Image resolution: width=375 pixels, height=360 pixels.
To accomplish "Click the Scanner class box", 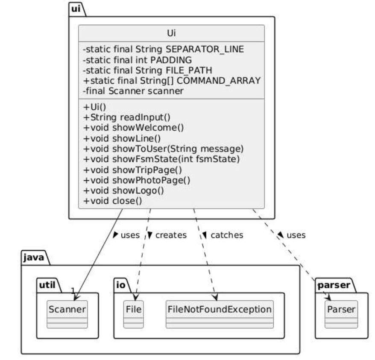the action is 67,314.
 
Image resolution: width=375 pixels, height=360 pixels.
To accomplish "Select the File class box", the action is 133,314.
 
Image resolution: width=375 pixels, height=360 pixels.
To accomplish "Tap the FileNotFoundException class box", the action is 220,314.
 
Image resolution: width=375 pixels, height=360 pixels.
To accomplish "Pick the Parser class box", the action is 341,314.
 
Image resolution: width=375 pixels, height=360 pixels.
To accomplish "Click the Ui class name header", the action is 171,33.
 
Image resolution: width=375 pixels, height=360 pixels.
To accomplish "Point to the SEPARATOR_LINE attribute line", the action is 163,49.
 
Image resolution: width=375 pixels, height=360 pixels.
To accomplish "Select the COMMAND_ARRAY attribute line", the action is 172,81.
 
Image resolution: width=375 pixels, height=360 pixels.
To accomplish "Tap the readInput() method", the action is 127,117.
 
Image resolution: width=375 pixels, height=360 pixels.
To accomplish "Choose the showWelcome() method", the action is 133,128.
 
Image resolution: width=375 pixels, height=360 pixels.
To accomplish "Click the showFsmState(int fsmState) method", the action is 161,159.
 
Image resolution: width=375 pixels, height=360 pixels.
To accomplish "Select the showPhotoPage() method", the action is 137,180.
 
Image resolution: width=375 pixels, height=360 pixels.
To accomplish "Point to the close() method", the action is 112,201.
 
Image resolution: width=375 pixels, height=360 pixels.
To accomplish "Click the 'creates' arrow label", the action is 171,235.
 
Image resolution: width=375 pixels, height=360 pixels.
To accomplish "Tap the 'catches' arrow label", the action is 227,235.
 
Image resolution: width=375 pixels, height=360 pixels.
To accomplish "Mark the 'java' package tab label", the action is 34,258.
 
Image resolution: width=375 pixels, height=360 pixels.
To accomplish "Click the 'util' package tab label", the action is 47,285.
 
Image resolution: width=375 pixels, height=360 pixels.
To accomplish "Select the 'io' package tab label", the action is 121,285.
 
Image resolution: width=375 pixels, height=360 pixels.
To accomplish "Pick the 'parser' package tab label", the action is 334,285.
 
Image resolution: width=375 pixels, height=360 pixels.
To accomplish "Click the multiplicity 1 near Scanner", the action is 73,291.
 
